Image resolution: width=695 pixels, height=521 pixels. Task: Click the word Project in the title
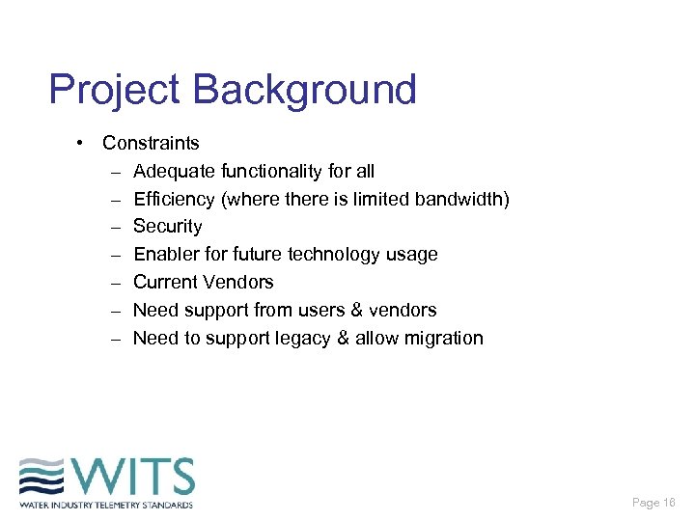pyautogui.click(x=115, y=90)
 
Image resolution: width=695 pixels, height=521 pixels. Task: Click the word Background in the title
pyautogui.click(x=305, y=90)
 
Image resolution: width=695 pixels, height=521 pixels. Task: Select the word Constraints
pyautogui.click(x=151, y=143)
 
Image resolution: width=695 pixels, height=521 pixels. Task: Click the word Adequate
pyautogui.click(x=174, y=171)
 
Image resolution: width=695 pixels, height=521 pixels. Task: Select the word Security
pyautogui.click(x=167, y=227)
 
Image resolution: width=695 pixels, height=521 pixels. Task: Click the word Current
pyautogui.click(x=165, y=283)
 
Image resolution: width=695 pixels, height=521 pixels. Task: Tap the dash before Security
pyautogui.click(x=115, y=227)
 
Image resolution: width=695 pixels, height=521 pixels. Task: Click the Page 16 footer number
pyautogui.click(x=653, y=503)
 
